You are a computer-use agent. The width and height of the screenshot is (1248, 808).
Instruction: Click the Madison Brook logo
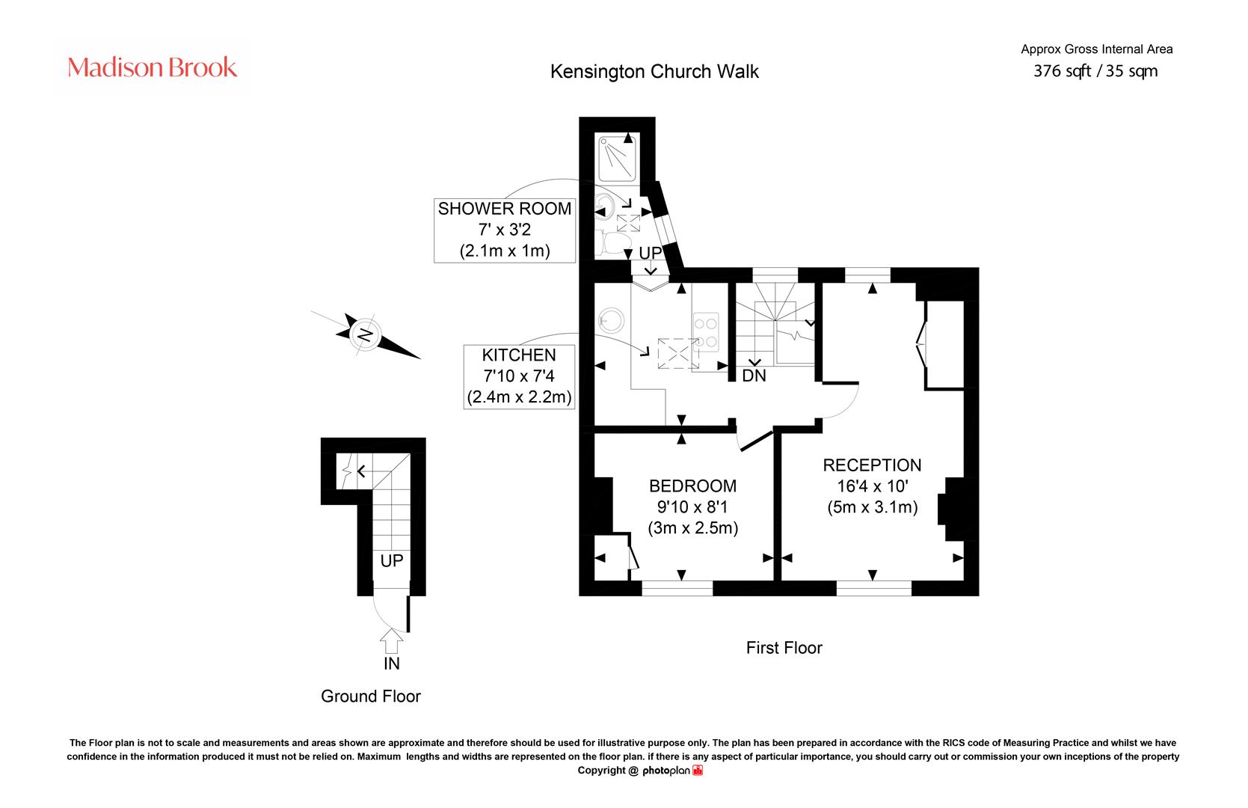[152, 67]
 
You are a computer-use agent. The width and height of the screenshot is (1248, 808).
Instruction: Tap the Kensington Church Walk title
[654, 71]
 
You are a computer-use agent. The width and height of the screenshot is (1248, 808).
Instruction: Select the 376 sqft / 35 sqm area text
[1095, 71]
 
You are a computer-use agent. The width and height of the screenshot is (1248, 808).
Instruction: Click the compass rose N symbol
[365, 335]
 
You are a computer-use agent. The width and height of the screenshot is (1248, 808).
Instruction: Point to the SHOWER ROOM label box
[505, 230]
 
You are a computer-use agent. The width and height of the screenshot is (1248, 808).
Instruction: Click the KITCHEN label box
[519, 376]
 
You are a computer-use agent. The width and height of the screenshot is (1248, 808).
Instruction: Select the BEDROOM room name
[692, 486]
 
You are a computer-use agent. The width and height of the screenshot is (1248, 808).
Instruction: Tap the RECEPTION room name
[872, 465]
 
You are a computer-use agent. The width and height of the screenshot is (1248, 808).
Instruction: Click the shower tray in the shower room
[618, 159]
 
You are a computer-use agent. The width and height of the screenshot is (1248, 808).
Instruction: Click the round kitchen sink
[611, 321]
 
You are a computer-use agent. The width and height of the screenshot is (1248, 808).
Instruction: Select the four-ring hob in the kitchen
[705, 331]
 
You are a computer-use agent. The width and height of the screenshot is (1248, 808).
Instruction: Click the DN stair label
[754, 376]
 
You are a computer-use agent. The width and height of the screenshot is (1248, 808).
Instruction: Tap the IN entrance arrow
[392, 640]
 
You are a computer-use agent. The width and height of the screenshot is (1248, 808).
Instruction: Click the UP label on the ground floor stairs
[392, 560]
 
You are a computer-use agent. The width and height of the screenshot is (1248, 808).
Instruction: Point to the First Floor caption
[784, 647]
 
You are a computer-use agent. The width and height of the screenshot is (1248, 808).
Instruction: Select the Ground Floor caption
[370, 696]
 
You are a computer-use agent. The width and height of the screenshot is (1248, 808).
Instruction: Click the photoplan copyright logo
[672, 771]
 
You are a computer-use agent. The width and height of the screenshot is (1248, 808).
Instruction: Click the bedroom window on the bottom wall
[677, 588]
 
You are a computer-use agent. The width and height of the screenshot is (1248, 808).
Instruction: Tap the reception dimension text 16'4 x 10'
[873, 486]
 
